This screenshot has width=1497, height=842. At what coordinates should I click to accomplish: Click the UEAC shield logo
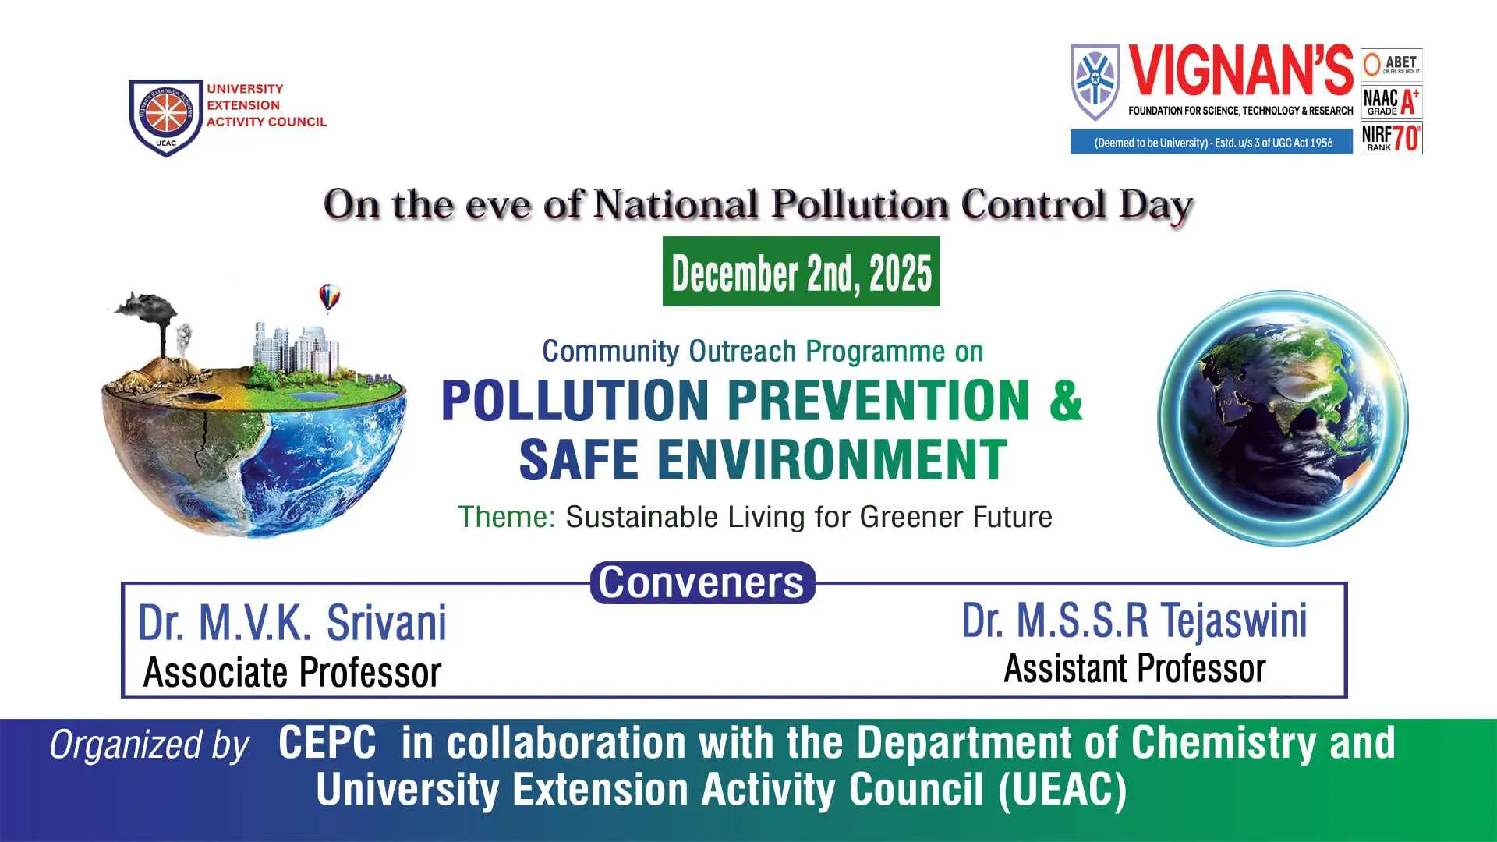[165, 117]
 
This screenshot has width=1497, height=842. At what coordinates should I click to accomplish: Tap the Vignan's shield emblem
[1095, 82]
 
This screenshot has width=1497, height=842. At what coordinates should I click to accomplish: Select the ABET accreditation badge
[1392, 65]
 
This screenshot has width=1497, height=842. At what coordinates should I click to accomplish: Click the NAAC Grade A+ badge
[1392, 101]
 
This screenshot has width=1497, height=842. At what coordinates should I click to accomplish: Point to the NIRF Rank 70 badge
[1392, 138]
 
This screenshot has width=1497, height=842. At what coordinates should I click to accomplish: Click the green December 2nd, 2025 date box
[802, 271]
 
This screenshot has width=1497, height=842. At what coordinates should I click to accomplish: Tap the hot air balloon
[330, 297]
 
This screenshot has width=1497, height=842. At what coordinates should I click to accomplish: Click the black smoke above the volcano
[148, 306]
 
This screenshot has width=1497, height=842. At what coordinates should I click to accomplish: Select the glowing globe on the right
[1283, 418]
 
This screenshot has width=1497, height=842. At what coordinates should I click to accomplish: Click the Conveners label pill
[702, 582]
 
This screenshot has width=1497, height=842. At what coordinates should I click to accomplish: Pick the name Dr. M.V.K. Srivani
[292, 623]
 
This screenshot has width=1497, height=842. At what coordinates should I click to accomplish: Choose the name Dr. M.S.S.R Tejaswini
[1134, 621]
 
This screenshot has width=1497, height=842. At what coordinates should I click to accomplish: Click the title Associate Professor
[292, 673]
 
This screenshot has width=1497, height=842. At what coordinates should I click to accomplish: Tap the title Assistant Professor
[1134, 669]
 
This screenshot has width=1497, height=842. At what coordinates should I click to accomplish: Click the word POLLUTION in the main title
[575, 400]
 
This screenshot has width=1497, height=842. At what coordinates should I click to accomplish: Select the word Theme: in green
[507, 517]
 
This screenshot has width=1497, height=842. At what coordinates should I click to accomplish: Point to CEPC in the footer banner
[327, 742]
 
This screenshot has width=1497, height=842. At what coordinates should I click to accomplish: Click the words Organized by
[150, 745]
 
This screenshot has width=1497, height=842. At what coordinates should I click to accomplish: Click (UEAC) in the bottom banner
[1063, 791]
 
